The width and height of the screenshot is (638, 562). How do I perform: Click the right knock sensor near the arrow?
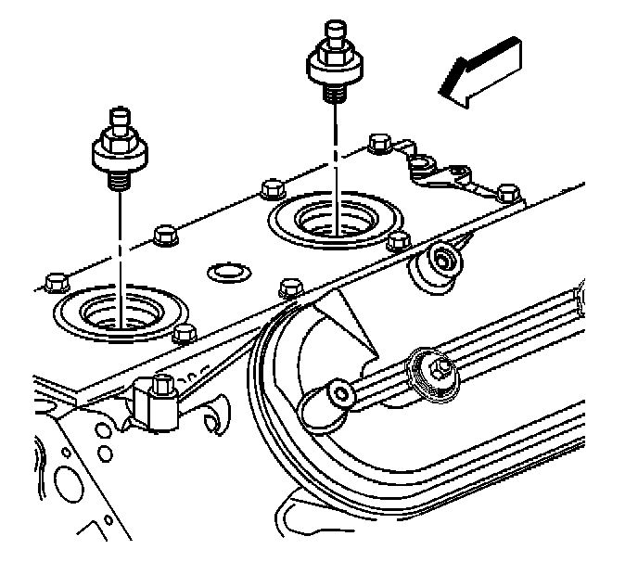click(333, 60)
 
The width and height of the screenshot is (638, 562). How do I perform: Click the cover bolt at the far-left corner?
click(53, 278)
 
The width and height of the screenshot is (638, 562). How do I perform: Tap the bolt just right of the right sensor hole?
click(400, 239)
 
